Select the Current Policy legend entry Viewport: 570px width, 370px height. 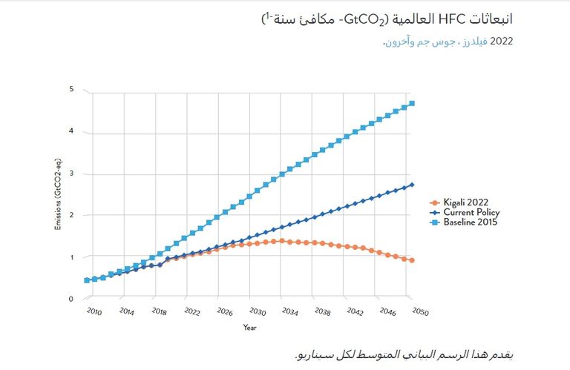(x=466, y=212)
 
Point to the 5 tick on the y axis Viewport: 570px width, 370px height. (x=71, y=90)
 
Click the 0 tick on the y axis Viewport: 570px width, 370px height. (x=71, y=299)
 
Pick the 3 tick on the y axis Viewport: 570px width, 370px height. (x=71, y=174)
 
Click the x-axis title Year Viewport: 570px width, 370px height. (x=250, y=327)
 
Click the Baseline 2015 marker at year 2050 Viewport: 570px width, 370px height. (x=412, y=103)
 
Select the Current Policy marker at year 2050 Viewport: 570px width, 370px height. (x=412, y=185)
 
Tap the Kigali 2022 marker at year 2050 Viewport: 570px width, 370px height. (x=412, y=260)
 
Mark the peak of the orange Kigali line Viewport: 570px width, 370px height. (x=282, y=240)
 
